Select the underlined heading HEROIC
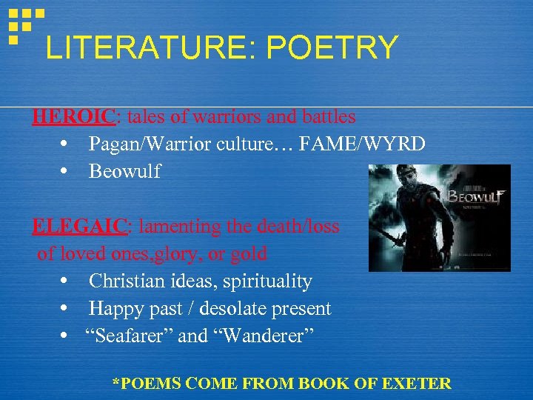pos(73,117)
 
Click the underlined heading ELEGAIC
pos(77,227)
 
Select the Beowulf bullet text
pos(124,172)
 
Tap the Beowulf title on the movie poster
pos(475,196)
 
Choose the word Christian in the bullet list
pos(121,281)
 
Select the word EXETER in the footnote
pos(419,384)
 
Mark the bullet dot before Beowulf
pos(66,172)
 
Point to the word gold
pos(248,254)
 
